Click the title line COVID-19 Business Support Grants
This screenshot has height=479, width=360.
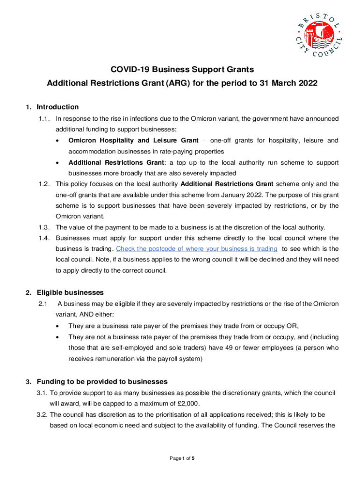coord(182,70)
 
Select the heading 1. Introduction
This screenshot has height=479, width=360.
coord(52,107)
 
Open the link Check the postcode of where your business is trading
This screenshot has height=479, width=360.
coord(196,249)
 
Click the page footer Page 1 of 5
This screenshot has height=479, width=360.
coord(182,458)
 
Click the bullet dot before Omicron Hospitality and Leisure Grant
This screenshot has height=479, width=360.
coord(57,141)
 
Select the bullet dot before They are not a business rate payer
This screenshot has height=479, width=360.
coord(57,337)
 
